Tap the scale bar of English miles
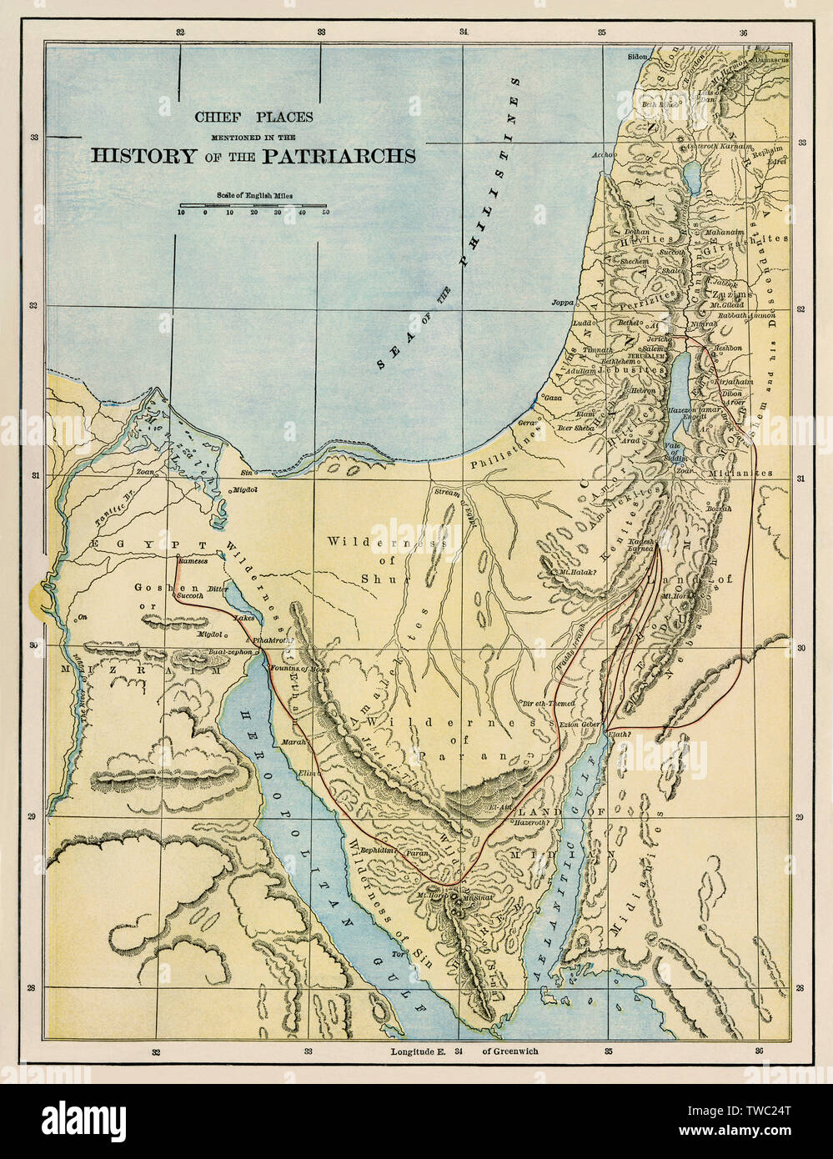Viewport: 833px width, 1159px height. pos(253,204)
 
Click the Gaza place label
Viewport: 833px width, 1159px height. pos(551,399)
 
